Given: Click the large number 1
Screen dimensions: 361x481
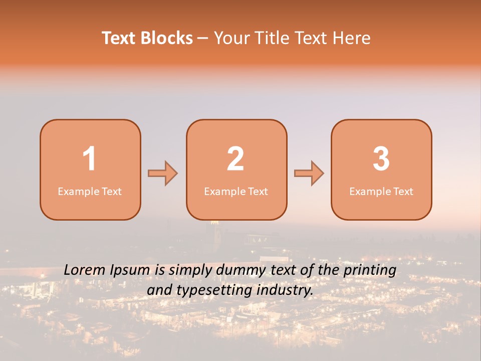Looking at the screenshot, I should point(89,159).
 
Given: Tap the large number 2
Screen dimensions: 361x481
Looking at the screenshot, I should point(235,159).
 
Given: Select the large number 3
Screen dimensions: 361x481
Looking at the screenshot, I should point(381,159).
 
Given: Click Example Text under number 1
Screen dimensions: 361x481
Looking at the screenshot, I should point(90,192).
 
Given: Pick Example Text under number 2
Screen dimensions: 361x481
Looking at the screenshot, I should point(236,192).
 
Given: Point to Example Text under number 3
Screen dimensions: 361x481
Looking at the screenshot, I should point(381,192).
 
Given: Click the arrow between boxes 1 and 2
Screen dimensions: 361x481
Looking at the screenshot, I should point(163,173).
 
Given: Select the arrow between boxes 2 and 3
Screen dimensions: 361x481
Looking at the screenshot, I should point(309,173).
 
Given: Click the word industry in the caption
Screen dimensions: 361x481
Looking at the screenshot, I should point(286,290).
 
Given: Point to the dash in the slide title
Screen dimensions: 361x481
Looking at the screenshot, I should point(202,39).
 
